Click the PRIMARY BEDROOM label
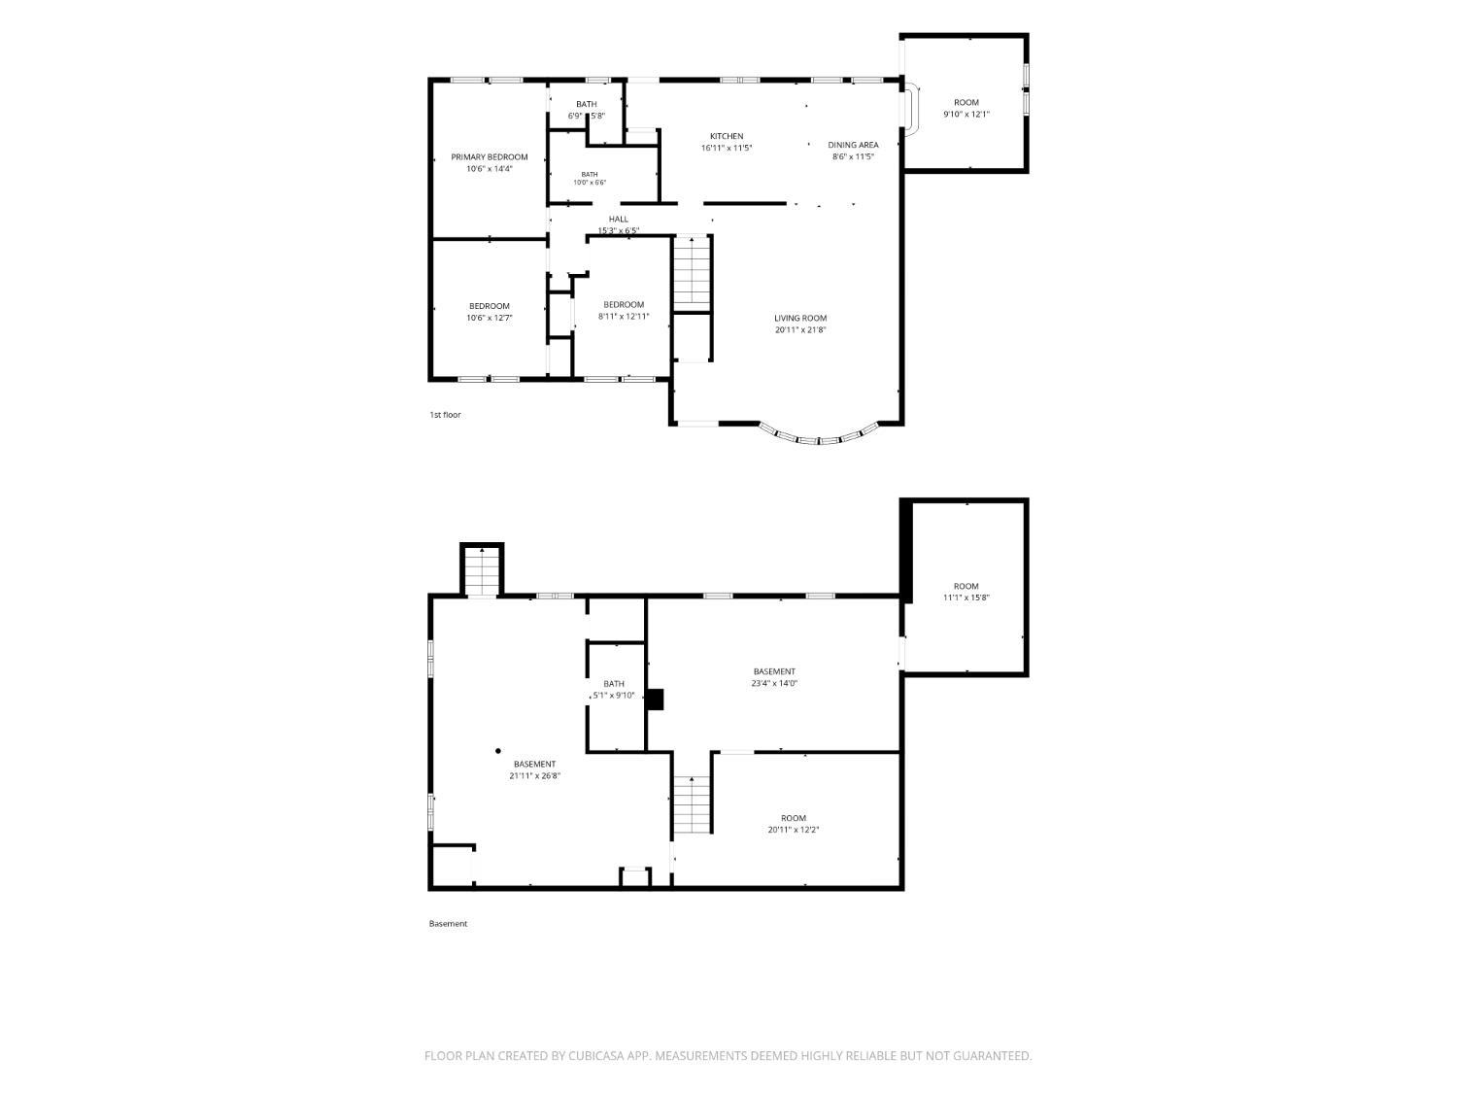tap(490, 157)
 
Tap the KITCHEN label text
tap(727, 136)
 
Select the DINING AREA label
tap(853, 145)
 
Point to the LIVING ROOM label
tap(799, 318)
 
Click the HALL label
tap(618, 219)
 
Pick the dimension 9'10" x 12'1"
tap(966, 114)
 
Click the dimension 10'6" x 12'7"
tap(490, 318)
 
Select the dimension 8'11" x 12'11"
tap(624, 317)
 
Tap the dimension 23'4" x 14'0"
tap(774, 683)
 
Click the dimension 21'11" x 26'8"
tap(534, 775)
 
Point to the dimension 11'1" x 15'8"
tap(966, 598)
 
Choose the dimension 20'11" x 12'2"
tap(794, 830)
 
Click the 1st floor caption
tap(445, 415)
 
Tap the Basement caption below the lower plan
tap(448, 924)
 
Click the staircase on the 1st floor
tap(693, 273)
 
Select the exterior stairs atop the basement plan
tap(482, 571)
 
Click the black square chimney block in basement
tap(655, 700)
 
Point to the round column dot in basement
tap(498, 751)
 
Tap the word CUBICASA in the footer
tap(596, 1056)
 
